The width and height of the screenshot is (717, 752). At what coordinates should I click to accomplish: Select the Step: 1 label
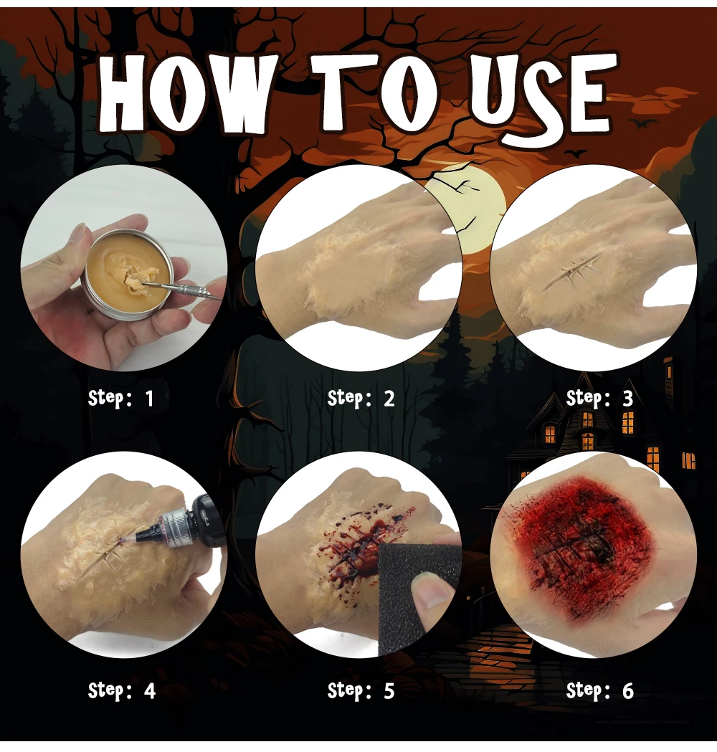point(120,399)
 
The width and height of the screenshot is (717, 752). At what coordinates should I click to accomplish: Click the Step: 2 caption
point(361,399)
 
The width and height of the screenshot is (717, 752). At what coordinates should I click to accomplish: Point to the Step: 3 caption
point(599,399)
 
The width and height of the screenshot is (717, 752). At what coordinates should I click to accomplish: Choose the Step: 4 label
point(121,691)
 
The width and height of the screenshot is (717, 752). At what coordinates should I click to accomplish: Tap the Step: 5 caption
point(361,691)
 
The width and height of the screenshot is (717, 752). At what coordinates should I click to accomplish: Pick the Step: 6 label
point(599,691)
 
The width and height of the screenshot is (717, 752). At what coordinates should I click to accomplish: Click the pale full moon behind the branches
point(470,208)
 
